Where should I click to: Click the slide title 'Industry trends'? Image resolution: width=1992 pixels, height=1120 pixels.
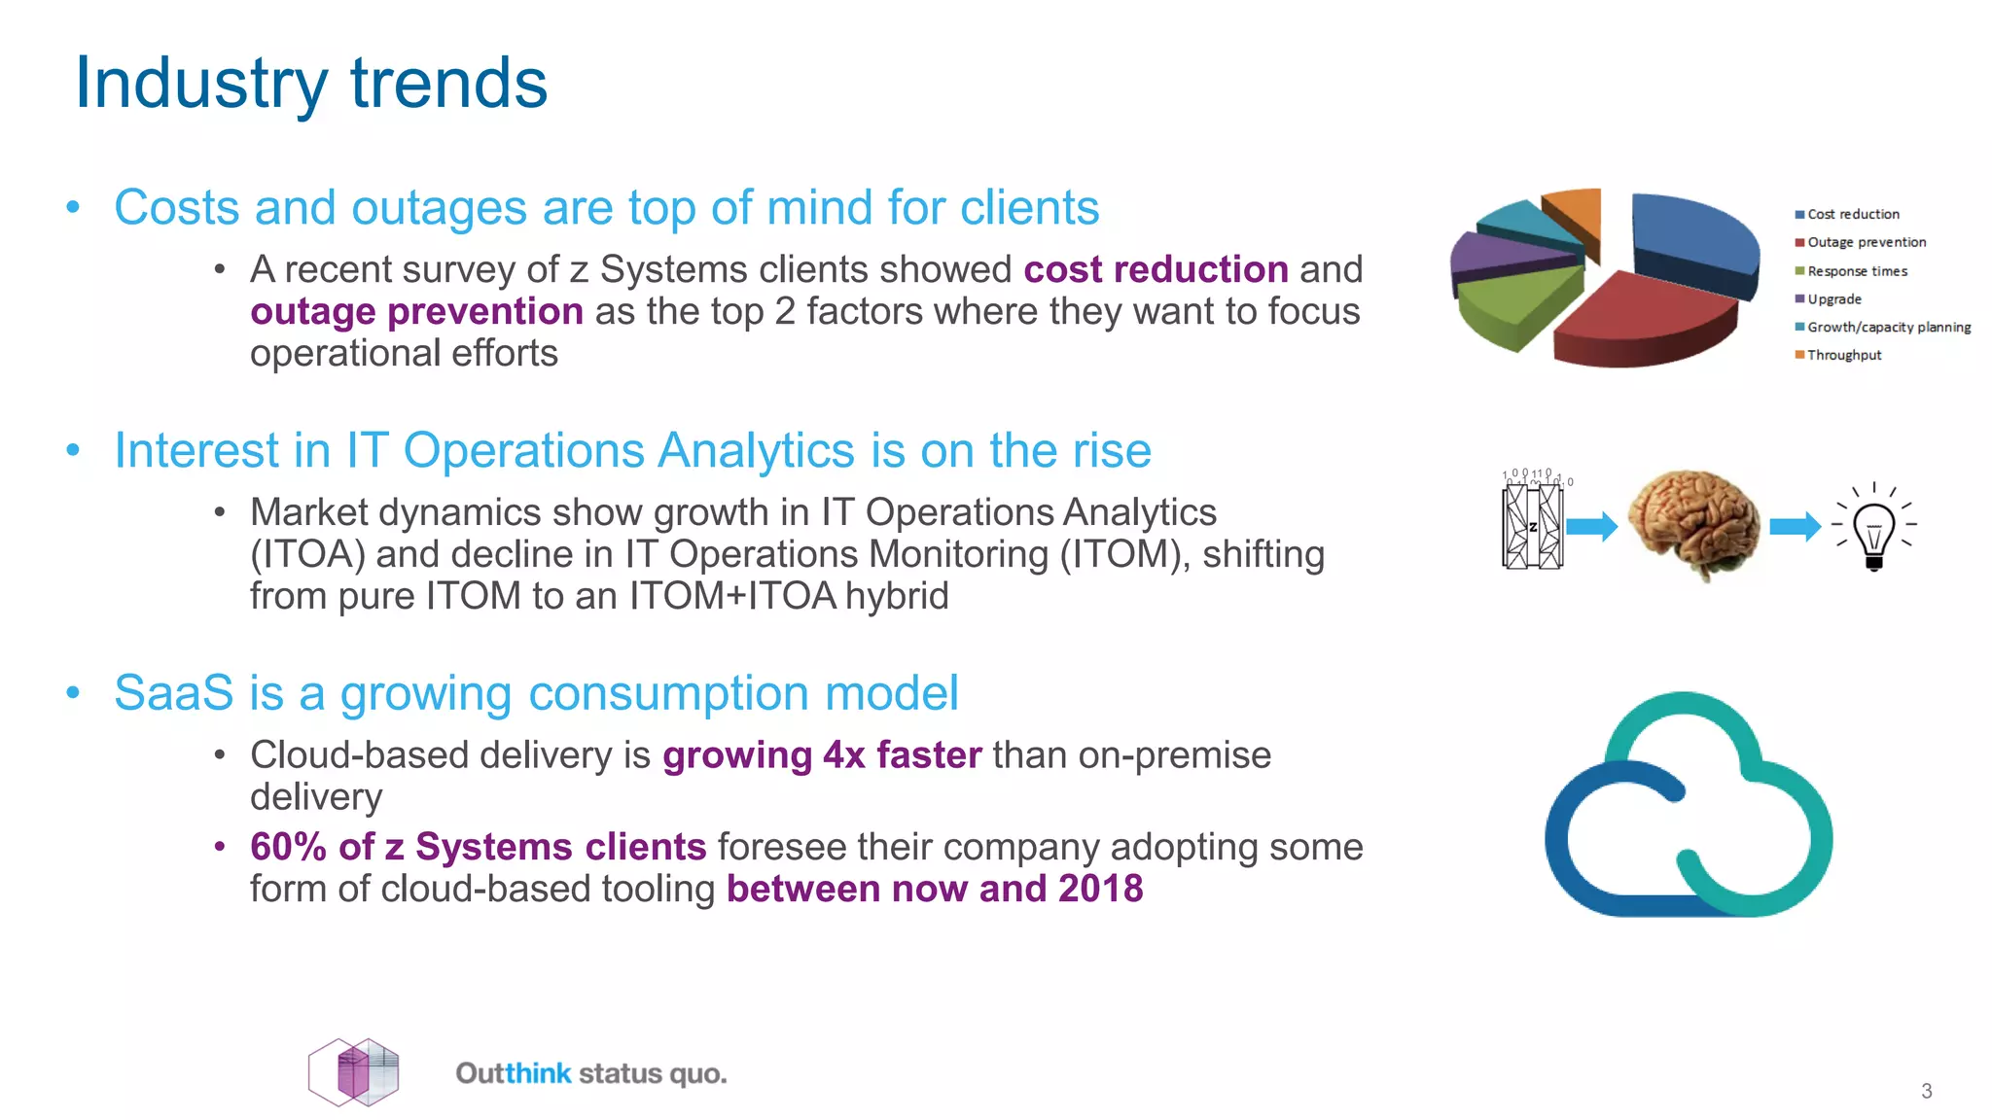(311, 84)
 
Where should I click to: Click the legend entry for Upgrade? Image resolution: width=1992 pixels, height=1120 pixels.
(1833, 299)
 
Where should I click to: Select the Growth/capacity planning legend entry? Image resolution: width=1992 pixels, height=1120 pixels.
(1887, 328)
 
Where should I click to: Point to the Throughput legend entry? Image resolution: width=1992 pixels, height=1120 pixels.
(1843, 356)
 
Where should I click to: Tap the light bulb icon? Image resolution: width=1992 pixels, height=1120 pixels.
(1873, 530)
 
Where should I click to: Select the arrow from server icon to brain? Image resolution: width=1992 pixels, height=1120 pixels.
(1591, 527)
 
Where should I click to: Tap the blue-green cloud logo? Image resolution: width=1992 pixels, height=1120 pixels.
(1688, 807)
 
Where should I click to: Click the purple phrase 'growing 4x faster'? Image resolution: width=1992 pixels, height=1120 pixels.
(822, 755)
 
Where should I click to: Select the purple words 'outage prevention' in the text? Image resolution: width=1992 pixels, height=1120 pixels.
(416, 312)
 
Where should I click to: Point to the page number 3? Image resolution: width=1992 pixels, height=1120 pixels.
(1926, 1091)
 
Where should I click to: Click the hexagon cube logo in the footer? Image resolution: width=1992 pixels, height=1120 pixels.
(354, 1072)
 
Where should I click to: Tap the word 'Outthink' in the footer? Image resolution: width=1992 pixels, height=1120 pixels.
(514, 1073)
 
